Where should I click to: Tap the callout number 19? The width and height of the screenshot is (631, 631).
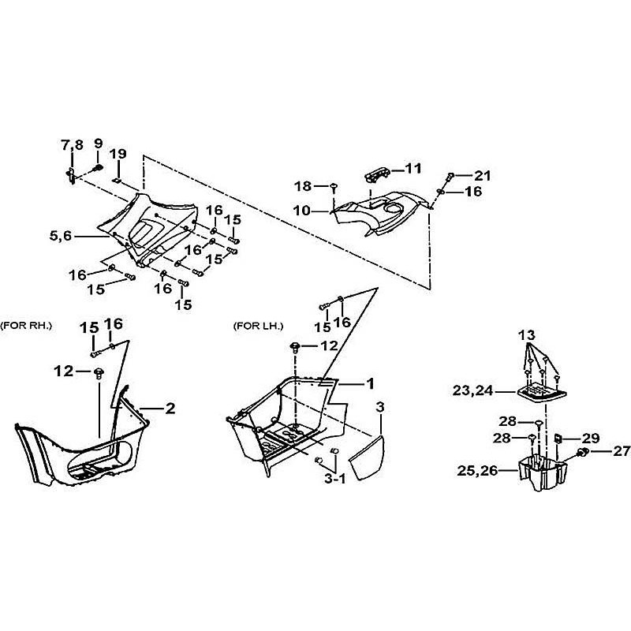tap(118, 154)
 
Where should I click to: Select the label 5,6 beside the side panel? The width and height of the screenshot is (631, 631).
tap(63, 234)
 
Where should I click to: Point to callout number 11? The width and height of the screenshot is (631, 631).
tap(413, 168)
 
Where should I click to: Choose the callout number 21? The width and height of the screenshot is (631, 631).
tap(482, 175)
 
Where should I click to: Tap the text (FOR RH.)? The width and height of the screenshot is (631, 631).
tap(26, 326)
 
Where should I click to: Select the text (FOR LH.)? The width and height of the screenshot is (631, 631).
tap(258, 326)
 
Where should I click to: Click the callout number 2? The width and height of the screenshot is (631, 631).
tap(170, 408)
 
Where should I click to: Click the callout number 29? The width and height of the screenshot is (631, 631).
tap(590, 437)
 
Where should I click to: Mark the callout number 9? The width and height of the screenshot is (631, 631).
tap(99, 144)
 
